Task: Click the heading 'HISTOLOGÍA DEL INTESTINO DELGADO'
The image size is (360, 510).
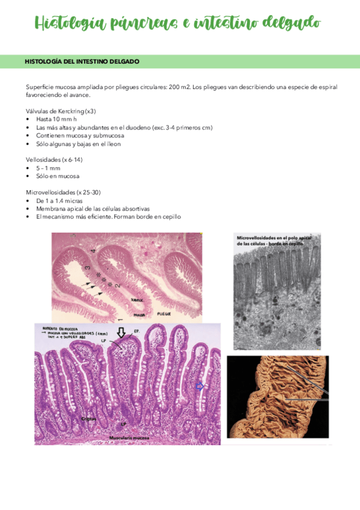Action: pos(82,61)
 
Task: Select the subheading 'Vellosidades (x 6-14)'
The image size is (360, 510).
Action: pos(55,160)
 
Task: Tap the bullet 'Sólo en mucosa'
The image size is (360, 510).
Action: pos(58,176)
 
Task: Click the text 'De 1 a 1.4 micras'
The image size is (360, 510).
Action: pos(59,200)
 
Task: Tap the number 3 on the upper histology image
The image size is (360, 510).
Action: pos(88,268)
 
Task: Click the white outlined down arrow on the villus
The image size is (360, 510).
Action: pos(121,331)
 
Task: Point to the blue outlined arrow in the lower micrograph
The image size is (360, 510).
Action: pos(200,386)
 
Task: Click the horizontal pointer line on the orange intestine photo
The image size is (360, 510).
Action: pos(307,399)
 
